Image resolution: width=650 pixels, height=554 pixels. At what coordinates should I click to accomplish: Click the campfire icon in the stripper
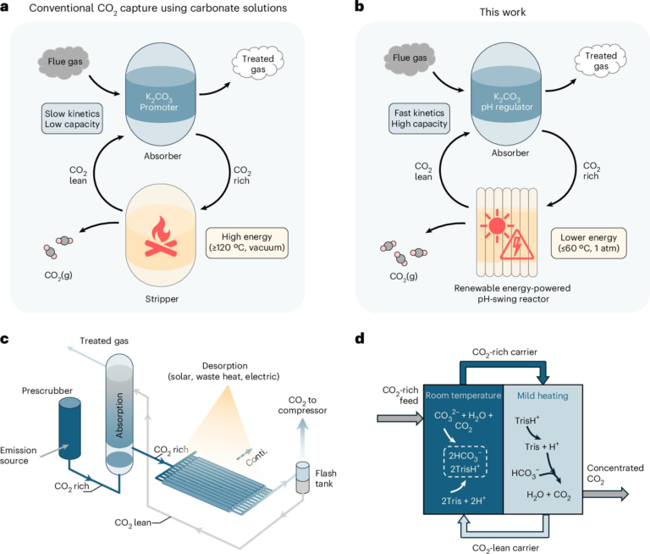tap(166, 237)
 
